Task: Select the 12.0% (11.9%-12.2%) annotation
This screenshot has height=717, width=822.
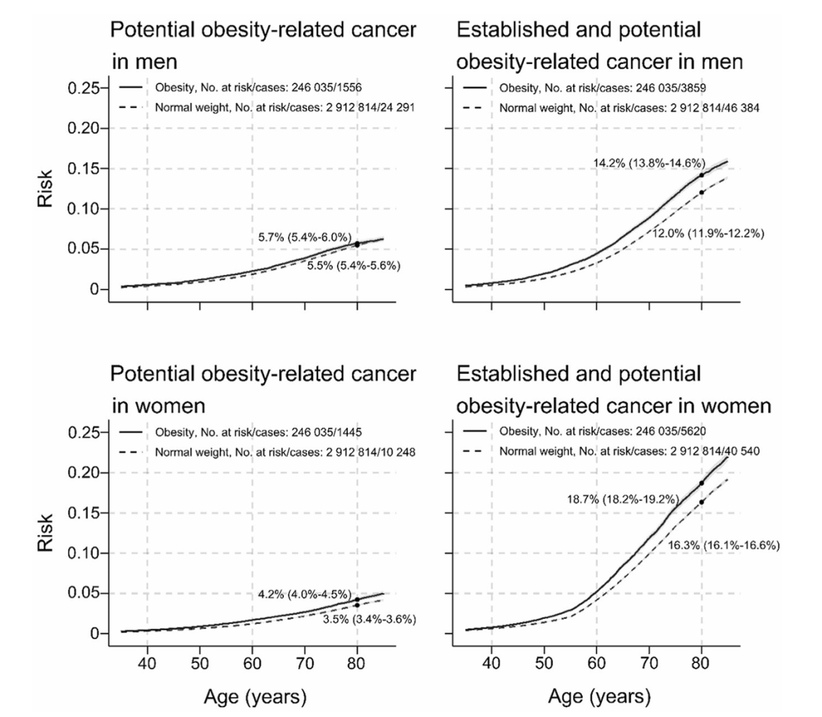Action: [x=709, y=233]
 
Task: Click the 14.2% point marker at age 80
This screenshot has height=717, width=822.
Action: [x=702, y=175]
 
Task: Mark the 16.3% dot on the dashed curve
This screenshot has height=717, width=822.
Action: [x=702, y=502]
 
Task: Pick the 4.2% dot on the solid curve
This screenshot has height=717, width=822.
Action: [x=357, y=600]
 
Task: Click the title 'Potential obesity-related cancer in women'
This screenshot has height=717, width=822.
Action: [x=263, y=390]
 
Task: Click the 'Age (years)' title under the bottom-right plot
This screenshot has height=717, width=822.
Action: [x=597, y=696]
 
